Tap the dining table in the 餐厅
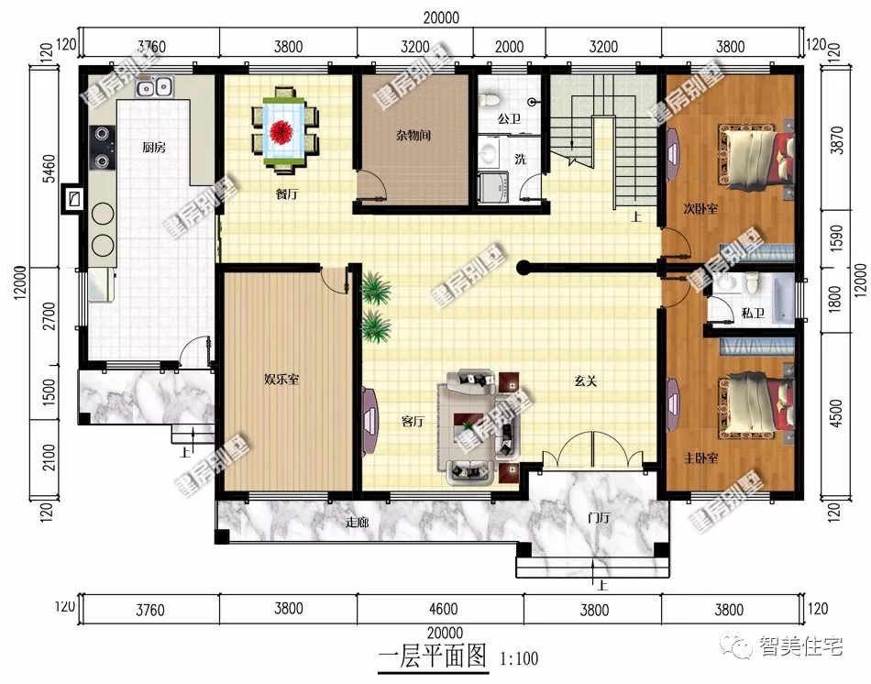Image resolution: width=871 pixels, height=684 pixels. pos(285,130)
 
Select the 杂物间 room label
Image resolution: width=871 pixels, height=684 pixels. pos(413,136)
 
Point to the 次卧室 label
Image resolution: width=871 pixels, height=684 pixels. pos(701,209)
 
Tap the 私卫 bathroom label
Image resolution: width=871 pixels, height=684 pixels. pos(753,314)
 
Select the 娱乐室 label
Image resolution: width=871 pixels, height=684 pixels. pos(281,380)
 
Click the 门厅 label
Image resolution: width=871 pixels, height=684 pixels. pos(600,518)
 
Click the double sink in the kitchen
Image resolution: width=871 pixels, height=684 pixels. pos(154,88)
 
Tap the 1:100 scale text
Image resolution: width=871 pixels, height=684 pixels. pos(519,658)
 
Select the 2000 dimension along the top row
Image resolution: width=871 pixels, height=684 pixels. pos(509,43)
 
